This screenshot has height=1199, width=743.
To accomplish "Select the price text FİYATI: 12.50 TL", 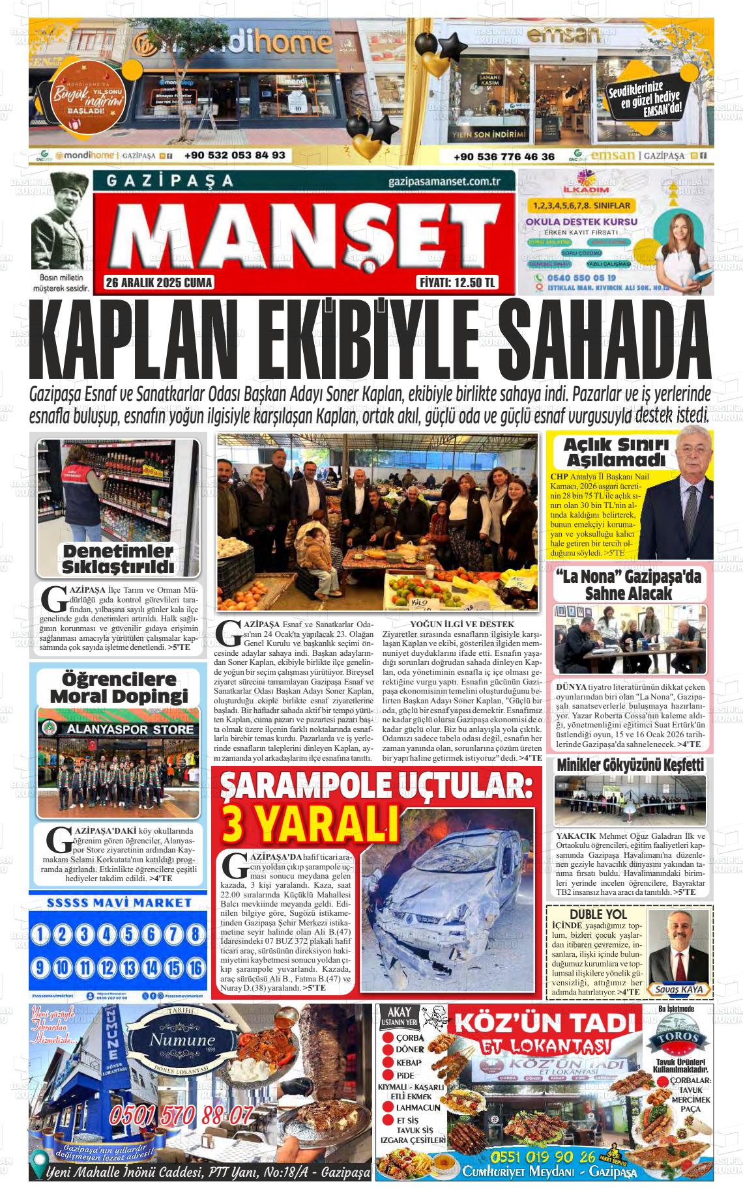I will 456,283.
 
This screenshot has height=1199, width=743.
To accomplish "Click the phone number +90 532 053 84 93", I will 235,156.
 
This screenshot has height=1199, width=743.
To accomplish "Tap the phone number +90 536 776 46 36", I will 504,156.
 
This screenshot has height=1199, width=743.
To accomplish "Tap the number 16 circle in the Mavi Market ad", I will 195,967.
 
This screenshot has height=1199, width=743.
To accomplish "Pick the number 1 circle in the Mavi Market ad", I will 40,935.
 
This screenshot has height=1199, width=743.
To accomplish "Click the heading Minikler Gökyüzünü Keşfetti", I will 630,765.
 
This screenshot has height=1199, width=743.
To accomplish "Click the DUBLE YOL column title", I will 598,914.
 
